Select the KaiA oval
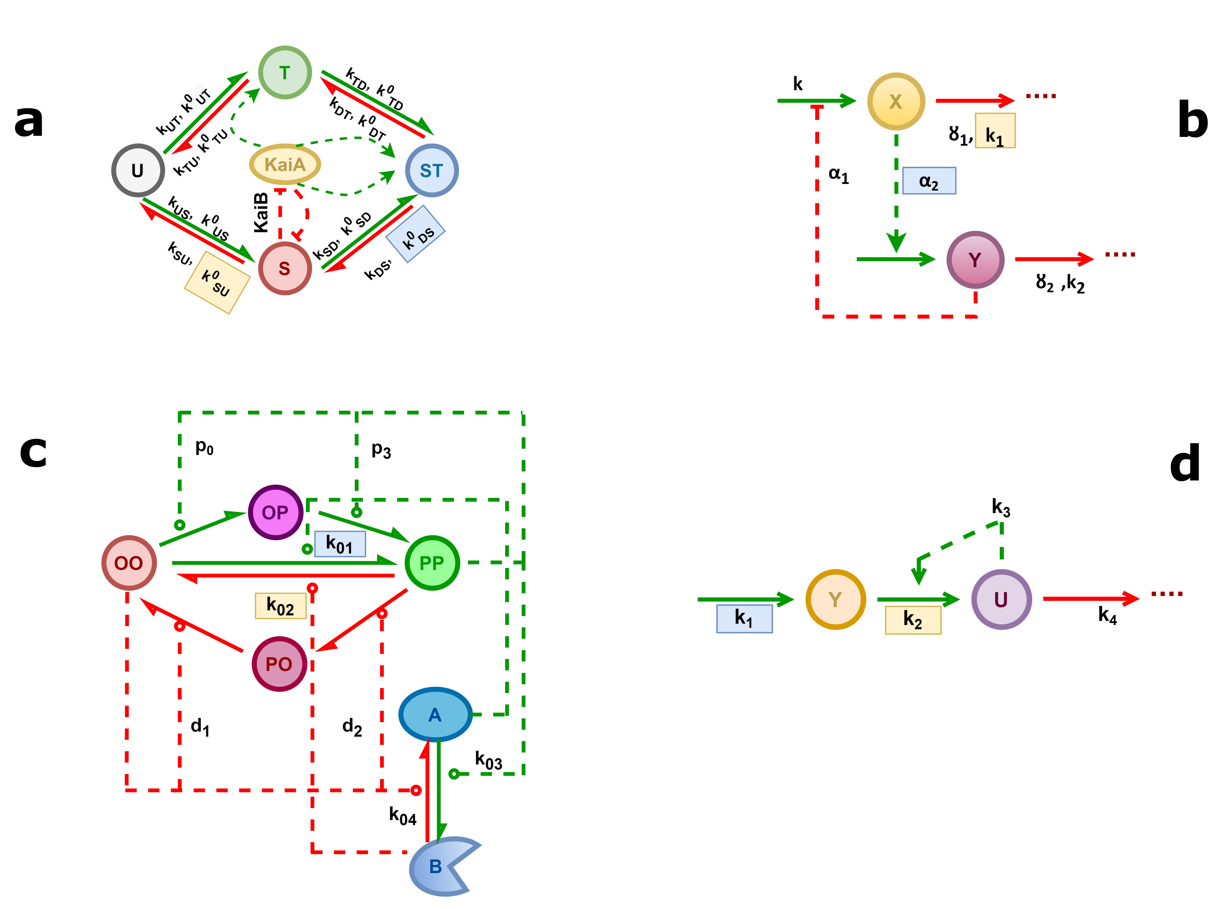coord(285,164)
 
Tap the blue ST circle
coord(432,171)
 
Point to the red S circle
coord(285,269)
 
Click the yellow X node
coord(895,101)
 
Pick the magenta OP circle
coord(275,512)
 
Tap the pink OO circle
coord(129,563)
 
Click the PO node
coord(279,664)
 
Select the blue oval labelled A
coord(435,714)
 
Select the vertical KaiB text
coord(262,212)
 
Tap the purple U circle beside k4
coord(1001,599)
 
